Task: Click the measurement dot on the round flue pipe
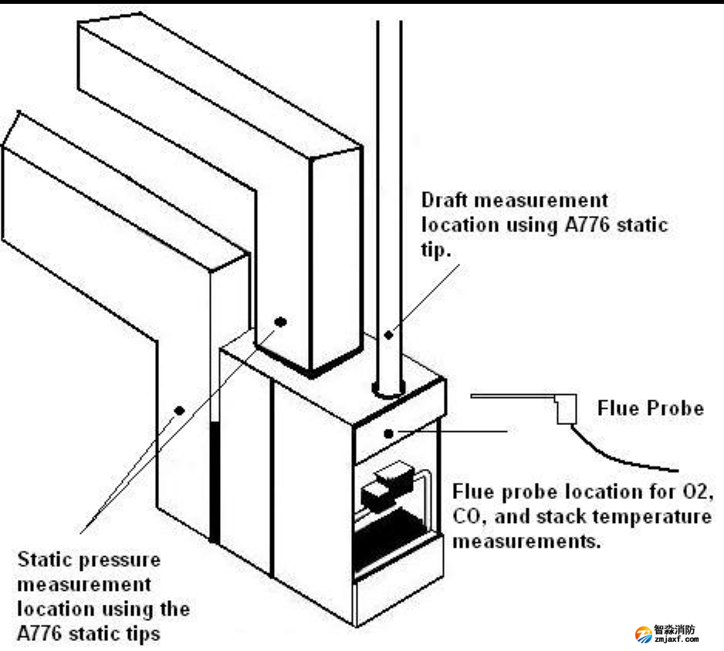tap(390, 334)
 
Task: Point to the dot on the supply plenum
tap(280, 321)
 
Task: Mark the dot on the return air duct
tap(179, 410)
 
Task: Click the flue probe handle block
tap(566, 409)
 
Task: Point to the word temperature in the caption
tap(655, 516)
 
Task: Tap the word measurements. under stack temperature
tap(526, 541)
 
